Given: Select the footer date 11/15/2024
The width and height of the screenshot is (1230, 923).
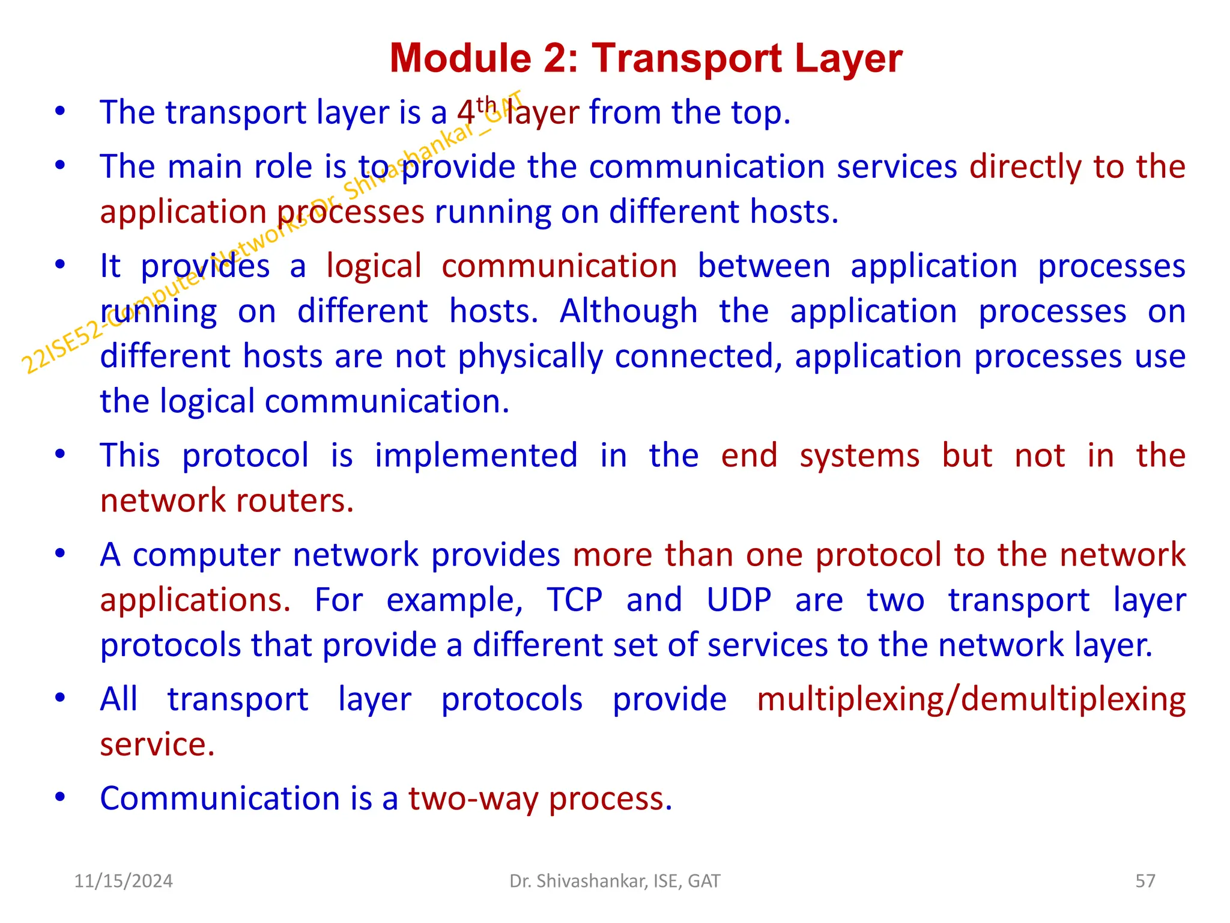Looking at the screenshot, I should pyautogui.click(x=123, y=881).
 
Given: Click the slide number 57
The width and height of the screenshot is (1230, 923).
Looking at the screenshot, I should pyautogui.click(x=1145, y=881).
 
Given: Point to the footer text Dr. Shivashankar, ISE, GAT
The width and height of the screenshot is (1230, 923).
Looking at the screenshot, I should pyautogui.click(x=614, y=881).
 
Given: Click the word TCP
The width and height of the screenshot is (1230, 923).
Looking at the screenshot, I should pyautogui.click(x=574, y=600).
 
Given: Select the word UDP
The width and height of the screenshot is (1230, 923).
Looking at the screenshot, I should pyautogui.click(x=739, y=600).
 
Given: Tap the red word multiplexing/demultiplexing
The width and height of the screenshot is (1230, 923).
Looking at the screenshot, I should pyautogui.click(x=971, y=700).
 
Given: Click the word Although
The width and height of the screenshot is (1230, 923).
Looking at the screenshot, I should pyautogui.click(x=628, y=312).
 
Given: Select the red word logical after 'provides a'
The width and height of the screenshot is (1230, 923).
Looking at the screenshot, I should pyautogui.click(x=374, y=267).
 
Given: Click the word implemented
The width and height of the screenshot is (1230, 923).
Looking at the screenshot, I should pyautogui.click(x=476, y=455).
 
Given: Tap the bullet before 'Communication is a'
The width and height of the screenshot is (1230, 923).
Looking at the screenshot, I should pyautogui.click(x=59, y=797).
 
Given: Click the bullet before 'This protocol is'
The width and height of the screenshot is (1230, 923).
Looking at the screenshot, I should pyautogui.click(x=59, y=454).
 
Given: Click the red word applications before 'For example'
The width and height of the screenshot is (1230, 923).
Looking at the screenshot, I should pyautogui.click(x=195, y=600).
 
